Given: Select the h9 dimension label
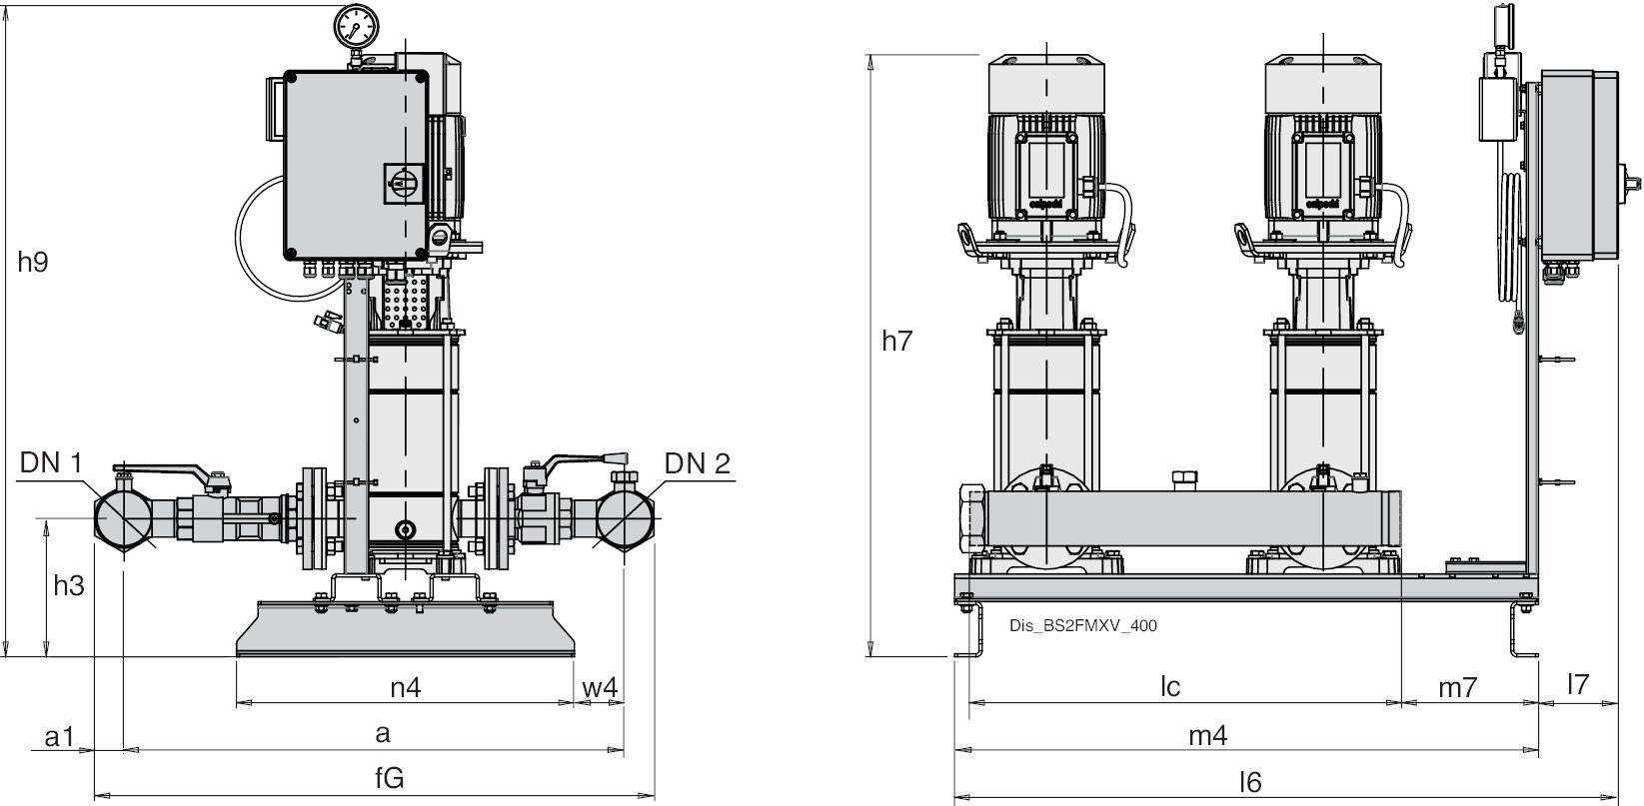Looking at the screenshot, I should click(x=33, y=263).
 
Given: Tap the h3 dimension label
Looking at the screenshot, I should click(x=68, y=586).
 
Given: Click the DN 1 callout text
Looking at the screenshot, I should click(x=52, y=462).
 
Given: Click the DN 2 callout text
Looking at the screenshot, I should click(x=697, y=462).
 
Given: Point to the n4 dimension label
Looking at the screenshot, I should click(x=404, y=687).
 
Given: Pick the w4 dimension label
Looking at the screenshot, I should click(x=600, y=687).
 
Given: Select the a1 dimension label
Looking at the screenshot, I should click(x=60, y=737).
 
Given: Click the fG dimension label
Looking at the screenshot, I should click(x=389, y=779).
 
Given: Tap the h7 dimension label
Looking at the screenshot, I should click(x=897, y=341).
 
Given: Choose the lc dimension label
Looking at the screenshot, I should click(x=1170, y=686).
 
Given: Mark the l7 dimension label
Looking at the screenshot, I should click(x=1578, y=684).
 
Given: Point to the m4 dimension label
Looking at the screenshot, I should click(x=1207, y=736).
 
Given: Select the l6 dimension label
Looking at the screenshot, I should click(x=1249, y=782).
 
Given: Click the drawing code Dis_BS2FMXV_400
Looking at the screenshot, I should click(x=1083, y=626).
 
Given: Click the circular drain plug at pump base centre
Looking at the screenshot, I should click(x=405, y=530).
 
